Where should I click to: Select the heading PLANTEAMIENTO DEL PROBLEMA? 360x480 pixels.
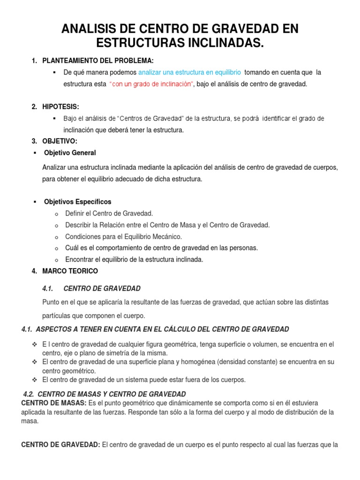coord(98,61)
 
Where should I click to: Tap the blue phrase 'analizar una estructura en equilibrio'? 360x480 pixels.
coord(190,73)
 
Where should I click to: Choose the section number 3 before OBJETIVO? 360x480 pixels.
coord(34,141)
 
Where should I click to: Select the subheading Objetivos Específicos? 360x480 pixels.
coord(77,202)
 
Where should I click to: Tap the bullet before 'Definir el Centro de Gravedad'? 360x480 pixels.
coord(56,214)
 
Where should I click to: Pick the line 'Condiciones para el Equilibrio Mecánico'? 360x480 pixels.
coord(123,236)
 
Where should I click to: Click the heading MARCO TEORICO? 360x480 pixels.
coord(70,271)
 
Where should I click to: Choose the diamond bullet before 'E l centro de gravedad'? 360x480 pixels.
coord(34,345)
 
